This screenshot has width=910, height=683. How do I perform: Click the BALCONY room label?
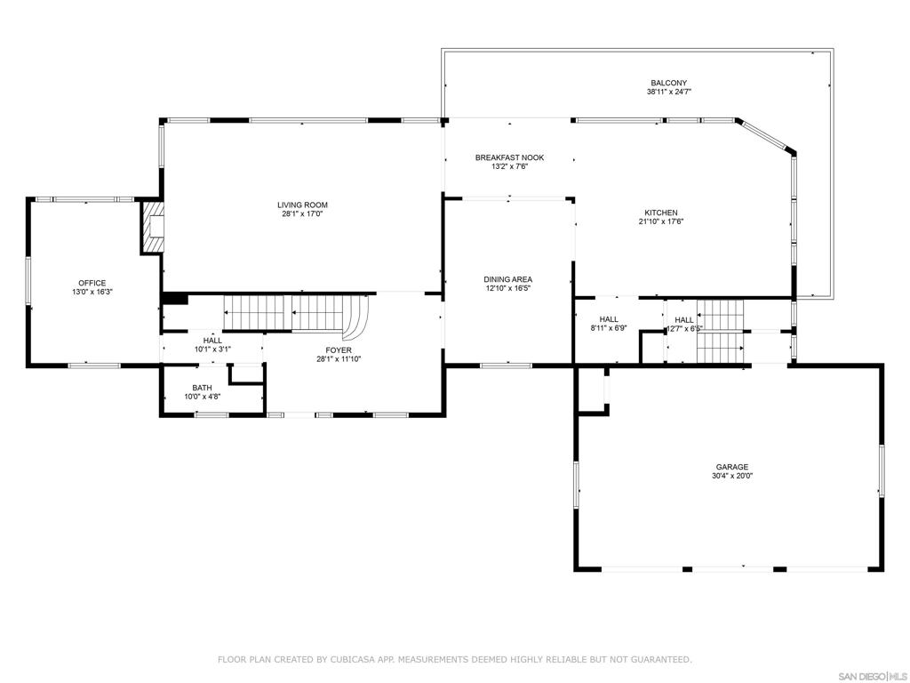[667, 83]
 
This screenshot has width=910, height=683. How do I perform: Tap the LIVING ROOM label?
[302, 205]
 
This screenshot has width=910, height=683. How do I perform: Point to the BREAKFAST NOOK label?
[509, 157]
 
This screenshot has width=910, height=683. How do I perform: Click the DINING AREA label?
[508, 279]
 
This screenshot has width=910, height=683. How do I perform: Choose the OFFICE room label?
[92, 283]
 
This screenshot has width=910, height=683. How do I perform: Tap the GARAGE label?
[732, 467]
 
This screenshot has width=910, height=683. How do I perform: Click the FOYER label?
[339, 350]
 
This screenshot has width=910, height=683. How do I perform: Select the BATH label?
[202, 388]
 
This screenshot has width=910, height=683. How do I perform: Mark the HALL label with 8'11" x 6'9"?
[609, 319]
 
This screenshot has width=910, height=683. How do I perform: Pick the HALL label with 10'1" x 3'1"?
[212, 341]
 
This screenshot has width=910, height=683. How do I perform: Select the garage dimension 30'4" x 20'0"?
[732, 476]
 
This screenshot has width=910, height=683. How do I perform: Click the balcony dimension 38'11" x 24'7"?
[669, 92]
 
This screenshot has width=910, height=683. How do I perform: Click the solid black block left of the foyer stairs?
[174, 299]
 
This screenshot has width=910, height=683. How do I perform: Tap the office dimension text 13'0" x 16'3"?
[92, 292]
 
